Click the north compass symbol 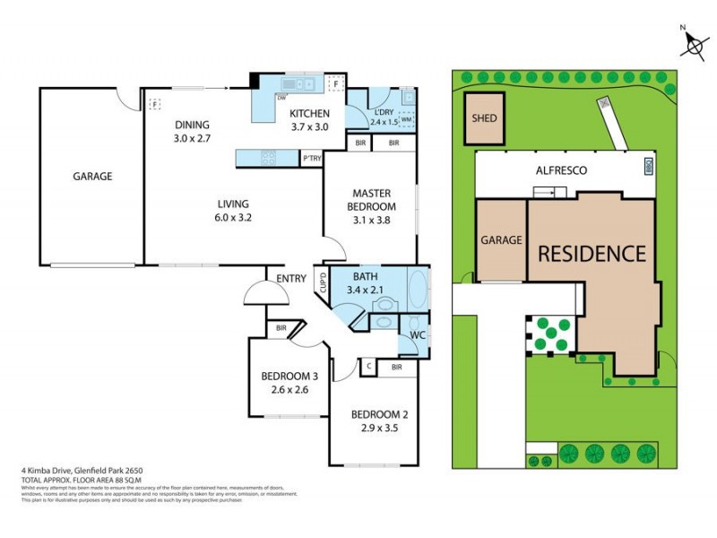692,42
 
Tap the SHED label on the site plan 485,118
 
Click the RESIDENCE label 592,253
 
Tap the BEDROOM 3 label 289,376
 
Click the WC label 417,335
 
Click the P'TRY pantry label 311,159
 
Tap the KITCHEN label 309,114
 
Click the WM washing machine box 407,119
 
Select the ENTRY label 291,279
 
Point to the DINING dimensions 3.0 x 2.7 192,139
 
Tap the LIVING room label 232,204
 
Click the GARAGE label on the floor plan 92,177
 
